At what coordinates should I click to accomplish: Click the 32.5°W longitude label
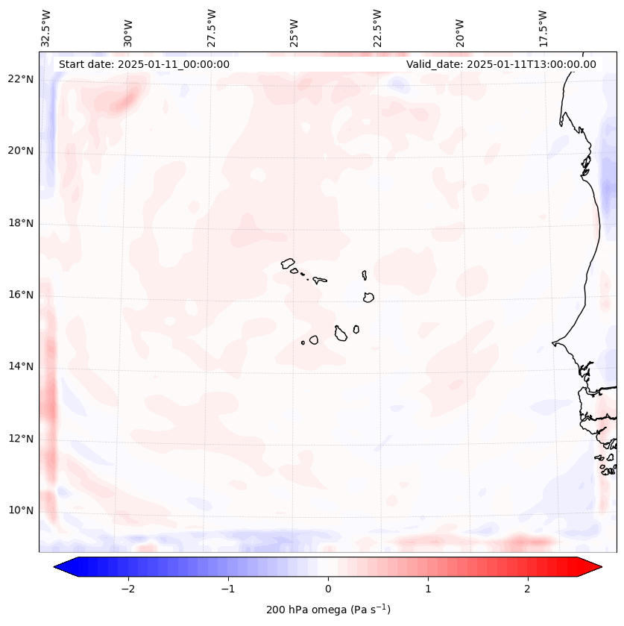click(x=46, y=28)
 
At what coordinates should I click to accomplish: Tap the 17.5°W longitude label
click(x=543, y=28)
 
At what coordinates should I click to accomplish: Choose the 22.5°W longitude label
click(x=377, y=28)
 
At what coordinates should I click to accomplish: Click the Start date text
click(x=144, y=64)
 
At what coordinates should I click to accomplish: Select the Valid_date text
click(x=501, y=64)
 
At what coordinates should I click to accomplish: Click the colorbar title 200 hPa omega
click(x=328, y=610)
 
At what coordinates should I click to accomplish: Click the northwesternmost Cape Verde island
click(x=288, y=263)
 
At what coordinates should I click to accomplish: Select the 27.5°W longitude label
click(x=212, y=28)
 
